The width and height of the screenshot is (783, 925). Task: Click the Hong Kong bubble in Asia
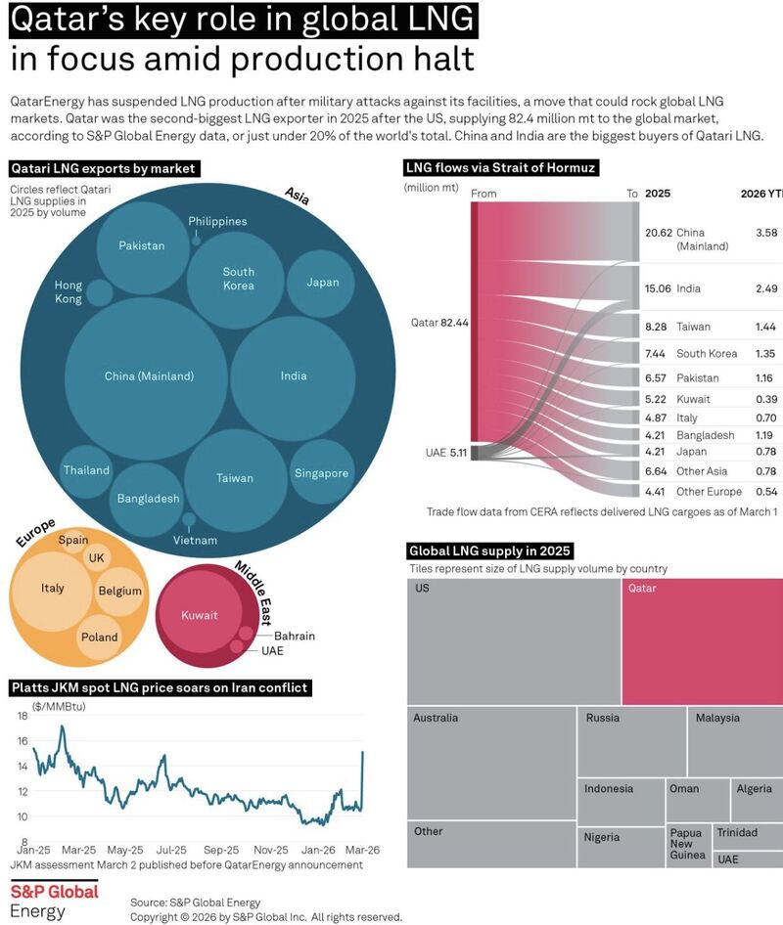click(98, 292)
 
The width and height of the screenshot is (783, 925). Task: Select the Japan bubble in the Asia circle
click(322, 283)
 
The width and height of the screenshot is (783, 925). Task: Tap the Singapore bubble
click(321, 473)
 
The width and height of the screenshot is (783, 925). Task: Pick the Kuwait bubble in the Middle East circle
click(200, 615)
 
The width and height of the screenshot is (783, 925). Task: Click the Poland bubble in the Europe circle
click(100, 637)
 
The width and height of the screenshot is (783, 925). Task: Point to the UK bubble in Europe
click(96, 557)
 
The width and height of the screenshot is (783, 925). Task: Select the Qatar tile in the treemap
click(701, 641)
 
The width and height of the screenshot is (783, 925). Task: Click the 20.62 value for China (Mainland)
click(658, 233)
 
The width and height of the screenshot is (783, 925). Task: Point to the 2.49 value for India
click(765, 288)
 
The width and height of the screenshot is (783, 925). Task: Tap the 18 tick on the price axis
click(21, 717)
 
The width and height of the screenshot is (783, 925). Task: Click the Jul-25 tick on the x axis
click(171, 850)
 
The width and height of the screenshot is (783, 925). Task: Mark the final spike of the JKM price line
click(363, 753)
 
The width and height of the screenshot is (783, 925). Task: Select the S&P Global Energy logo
click(54, 902)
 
